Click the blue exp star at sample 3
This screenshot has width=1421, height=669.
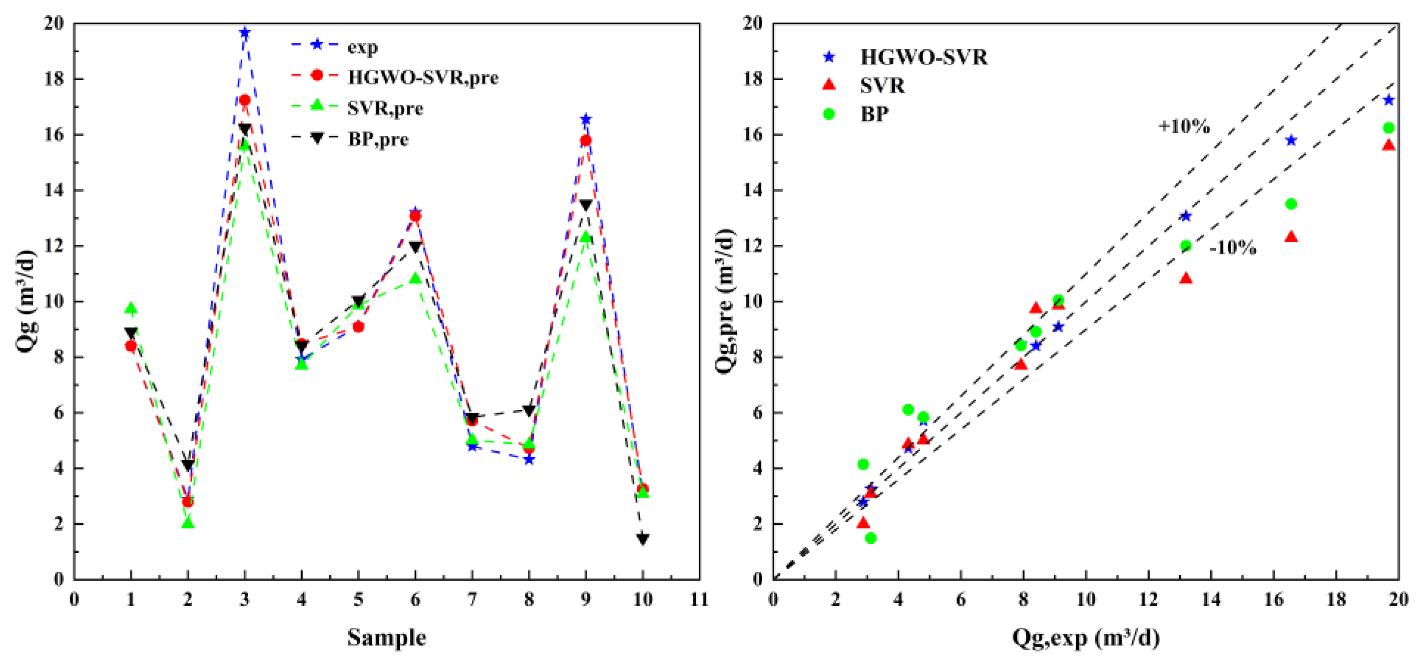pyautogui.click(x=245, y=32)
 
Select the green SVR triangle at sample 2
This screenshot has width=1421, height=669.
pyautogui.click(x=188, y=522)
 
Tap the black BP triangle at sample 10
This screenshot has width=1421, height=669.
pyautogui.click(x=642, y=539)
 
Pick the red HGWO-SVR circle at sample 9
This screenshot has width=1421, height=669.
pyautogui.click(x=585, y=141)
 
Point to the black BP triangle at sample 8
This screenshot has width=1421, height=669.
pyautogui.click(x=528, y=411)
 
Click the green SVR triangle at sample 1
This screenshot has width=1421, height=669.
pyautogui.click(x=131, y=308)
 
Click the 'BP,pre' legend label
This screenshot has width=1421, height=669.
pyautogui.click(x=378, y=139)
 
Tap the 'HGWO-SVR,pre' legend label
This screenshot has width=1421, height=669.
pyautogui.click(x=422, y=77)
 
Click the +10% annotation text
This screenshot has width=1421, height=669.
pyautogui.click(x=1184, y=127)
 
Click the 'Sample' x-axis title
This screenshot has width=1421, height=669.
pyautogui.click(x=386, y=638)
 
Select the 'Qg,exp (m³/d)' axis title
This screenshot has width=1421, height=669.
pyautogui.click(x=1085, y=638)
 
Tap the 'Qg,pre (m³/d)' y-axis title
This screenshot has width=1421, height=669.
pyautogui.click(x=725, y=301)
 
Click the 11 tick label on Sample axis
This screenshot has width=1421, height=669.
pyautogui.click(x=699, y=599)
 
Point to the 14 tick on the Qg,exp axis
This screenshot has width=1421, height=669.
pyautogui.click(x=1211, y=599)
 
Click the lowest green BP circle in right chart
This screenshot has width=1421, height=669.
pyautogui.click(x=871, y=538)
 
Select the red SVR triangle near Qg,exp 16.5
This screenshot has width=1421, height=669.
pyautogui.click(x=1291, y=236)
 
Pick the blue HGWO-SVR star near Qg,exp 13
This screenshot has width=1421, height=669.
pyautogui.click(x=1186, y=216)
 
